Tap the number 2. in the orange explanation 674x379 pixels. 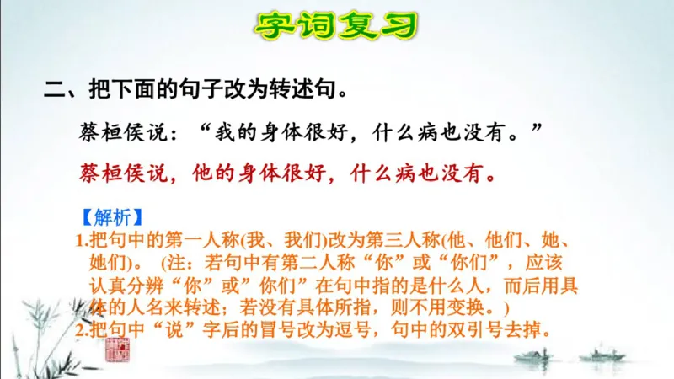point(81,330)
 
